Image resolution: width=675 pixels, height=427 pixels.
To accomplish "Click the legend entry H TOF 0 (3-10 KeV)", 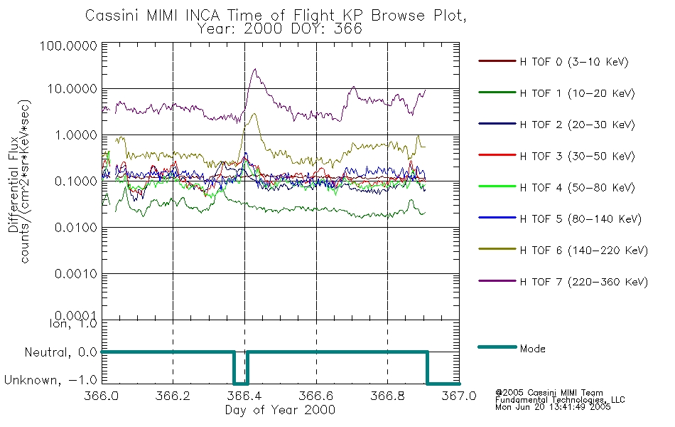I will pyautogui.click(x=575, y=62).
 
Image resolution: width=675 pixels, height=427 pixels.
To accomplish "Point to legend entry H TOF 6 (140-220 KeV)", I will pyautogui.click(x=583, y=251).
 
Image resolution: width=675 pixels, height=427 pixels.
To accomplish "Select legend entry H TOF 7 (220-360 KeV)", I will pyautogui.click(x=583, y=282).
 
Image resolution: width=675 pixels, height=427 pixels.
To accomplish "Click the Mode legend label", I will pyautogui.click(x=532, y=349).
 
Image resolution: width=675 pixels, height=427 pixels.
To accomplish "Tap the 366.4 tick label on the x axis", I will pyautogui.click(x=244, y=396).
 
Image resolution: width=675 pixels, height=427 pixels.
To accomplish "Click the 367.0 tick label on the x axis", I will pyautogui.click(x=459, y=396).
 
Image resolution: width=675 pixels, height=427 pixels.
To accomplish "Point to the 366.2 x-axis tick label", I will pyautogui.click(x=173, y=396).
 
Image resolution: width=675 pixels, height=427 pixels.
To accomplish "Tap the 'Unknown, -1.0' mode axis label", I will pyautogui.click(x=51, y=381).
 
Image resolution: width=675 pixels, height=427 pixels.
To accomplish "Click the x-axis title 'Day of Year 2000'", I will pyautogui.click(x=280, y=410).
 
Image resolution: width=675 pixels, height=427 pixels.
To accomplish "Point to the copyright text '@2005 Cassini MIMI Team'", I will pyautogui.click(x=549, y=392).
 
